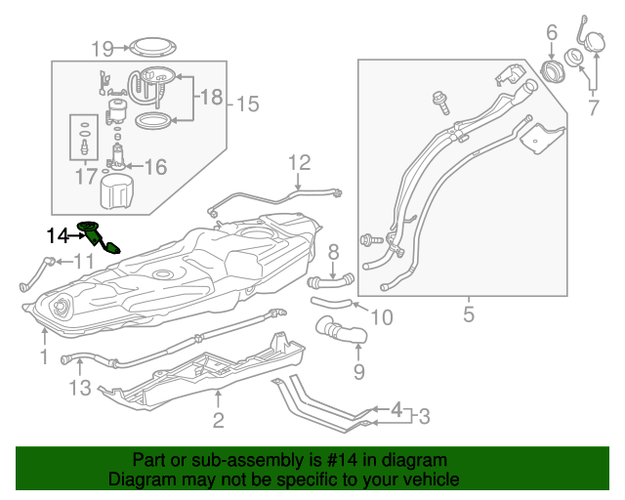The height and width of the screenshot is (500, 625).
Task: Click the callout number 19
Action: tap(103, 47)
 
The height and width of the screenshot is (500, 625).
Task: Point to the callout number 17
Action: tap(87, 177)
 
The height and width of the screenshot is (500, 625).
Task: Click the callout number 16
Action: tap(156, 167)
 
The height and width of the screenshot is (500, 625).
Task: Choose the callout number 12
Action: tap(298, 162)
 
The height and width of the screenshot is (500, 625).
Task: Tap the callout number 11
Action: tap(84, 261)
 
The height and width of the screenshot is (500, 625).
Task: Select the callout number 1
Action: tap(44, 357)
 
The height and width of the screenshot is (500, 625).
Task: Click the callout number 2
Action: tap(218, 421)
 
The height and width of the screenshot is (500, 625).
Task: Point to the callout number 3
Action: tap(423, 417)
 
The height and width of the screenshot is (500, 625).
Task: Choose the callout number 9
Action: tap(358, 372)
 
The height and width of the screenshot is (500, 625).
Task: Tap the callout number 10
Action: tap(381, 316)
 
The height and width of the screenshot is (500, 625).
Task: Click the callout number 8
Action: tap(333, 252)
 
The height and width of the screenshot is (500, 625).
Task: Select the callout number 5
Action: tap(468, 314)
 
